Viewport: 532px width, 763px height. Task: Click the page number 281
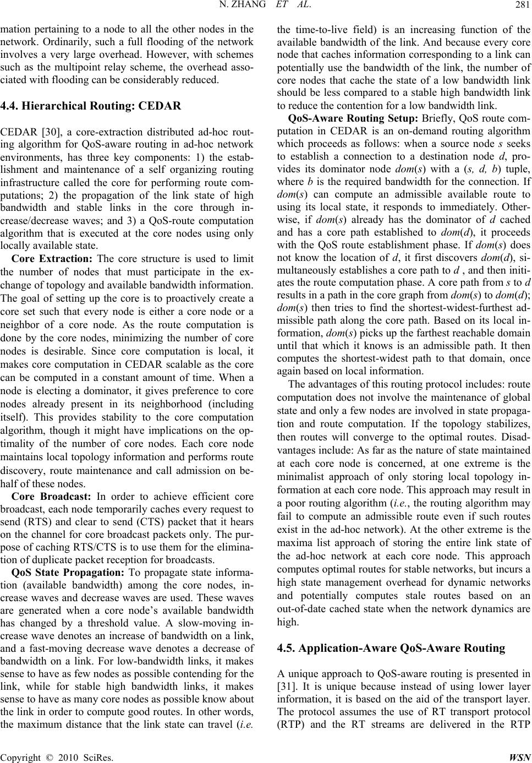point(522,7)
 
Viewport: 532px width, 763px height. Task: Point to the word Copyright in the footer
point(21,756)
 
